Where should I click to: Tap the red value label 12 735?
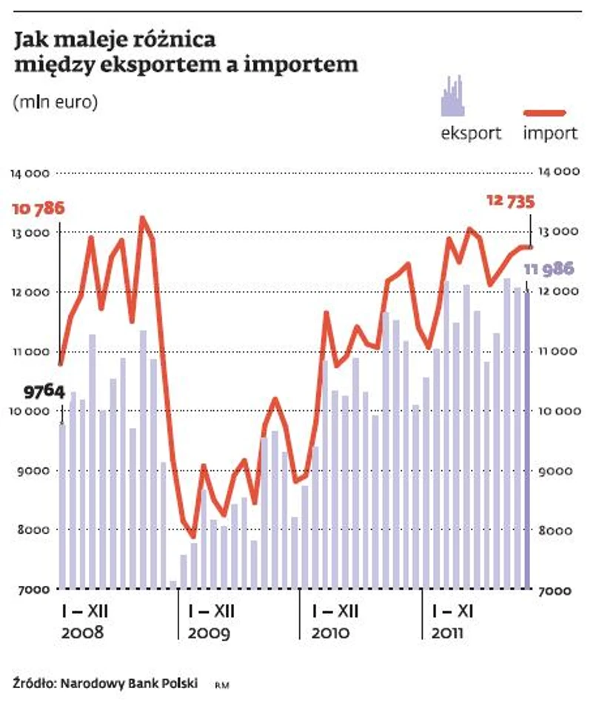[x=510, y=201]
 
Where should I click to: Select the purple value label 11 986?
[x=549, y=269]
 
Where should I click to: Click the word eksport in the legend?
[x=471, y=134]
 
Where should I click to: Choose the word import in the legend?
[x=550, y=134]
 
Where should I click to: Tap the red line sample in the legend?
[x=545, y=113]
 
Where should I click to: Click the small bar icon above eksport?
[x=453, y=96]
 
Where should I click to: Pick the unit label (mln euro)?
[x=56, y=102]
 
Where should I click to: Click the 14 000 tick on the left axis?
[x=30, y=174]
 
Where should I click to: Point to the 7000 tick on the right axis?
[x=555, y=591]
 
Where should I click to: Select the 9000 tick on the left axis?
[x=33, y=471]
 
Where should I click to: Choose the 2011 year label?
[x=447, y=634]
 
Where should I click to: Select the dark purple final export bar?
[x=527, y=440]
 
